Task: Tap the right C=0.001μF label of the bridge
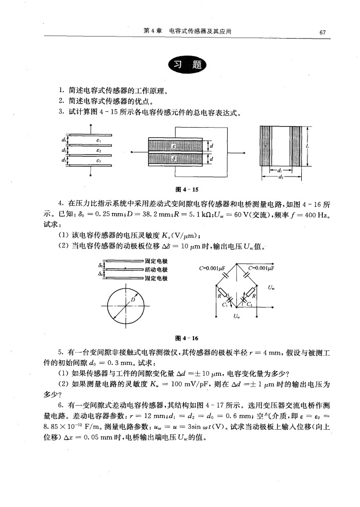click(x=262, y=268)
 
